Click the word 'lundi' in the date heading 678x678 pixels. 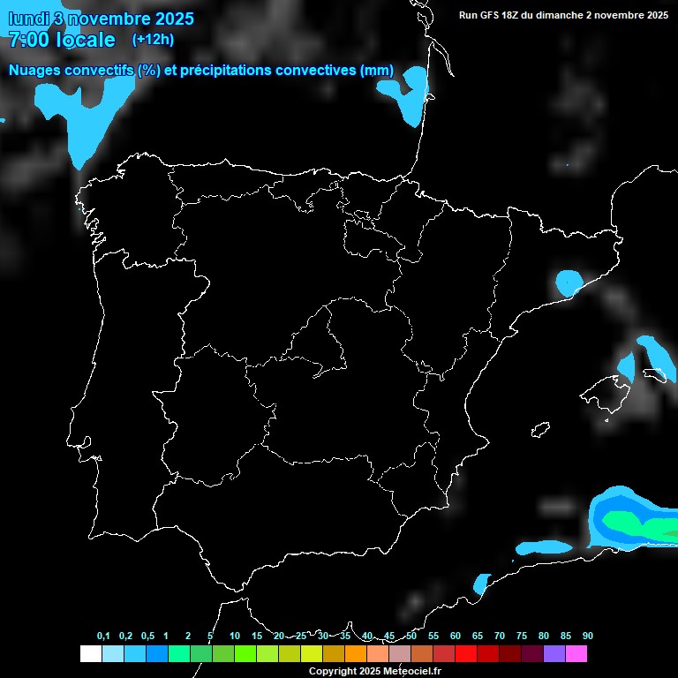tap(29, 19)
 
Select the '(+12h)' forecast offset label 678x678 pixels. tap(153, 39)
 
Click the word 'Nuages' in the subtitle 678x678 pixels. tap(35, 71)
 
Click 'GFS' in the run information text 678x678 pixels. tap(491, 15)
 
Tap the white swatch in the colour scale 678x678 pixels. tap(90, 654)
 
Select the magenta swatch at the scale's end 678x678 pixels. tap(576, 654)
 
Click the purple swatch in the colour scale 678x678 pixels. tap(554, 654)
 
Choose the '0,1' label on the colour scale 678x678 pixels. tap(103, 637)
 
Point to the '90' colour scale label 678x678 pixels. tap(588, 637)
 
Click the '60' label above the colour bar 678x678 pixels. tap(456, 637)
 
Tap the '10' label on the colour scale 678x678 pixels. tap(235, 637)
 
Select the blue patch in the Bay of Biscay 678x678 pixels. tap(409, 95)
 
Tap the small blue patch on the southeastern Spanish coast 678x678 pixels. tap(481, 584)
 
